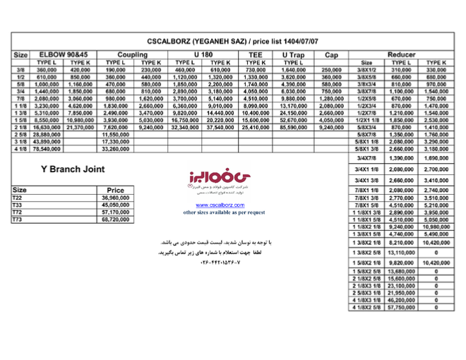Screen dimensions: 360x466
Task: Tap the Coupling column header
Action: coord(133,54)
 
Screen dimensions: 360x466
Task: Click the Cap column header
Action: coord(331,54)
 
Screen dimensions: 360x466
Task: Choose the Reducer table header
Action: coord(402,54)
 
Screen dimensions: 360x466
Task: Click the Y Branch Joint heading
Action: coord(73,169)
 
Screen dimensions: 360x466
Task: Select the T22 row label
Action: coord(18,198)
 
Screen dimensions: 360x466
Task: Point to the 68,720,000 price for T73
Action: coord(115,220)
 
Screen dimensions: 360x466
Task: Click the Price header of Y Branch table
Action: coord(115,191)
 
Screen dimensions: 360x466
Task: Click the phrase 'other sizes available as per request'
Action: coord(224,212)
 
